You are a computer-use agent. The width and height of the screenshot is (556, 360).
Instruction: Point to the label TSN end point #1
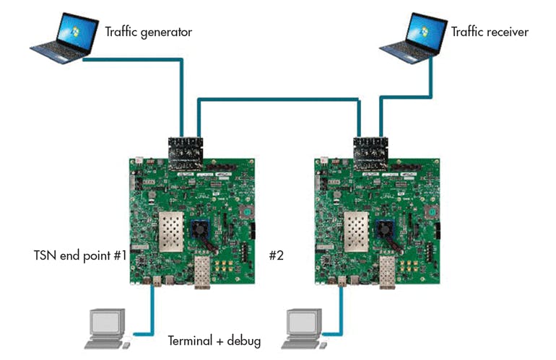80,255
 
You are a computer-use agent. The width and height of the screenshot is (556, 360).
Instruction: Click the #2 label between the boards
277,255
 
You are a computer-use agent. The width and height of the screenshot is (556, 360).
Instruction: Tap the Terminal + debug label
214,341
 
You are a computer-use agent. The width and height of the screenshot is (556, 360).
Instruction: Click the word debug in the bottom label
243,341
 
